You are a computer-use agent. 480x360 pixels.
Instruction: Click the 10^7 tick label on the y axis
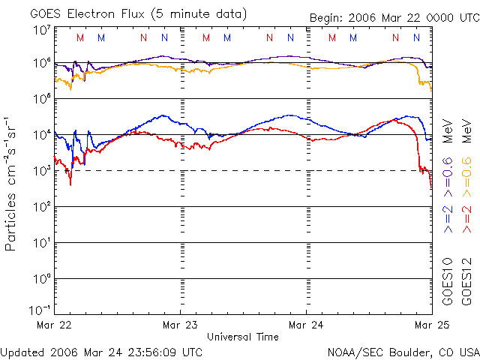42,30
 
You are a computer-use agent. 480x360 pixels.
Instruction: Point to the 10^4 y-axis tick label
42,135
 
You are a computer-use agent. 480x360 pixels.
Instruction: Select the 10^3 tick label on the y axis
42,171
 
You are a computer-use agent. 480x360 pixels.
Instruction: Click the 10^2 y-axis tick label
42,207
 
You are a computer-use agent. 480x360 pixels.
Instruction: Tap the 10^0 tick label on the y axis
42,279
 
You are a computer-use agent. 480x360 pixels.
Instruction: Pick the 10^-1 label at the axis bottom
40,310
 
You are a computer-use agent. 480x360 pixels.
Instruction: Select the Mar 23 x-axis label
180,325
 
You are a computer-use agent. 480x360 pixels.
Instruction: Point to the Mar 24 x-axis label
306,325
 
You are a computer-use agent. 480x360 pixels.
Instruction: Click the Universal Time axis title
243,337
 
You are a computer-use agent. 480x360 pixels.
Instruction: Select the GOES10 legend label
448,281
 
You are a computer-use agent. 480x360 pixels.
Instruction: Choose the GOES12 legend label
466,281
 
